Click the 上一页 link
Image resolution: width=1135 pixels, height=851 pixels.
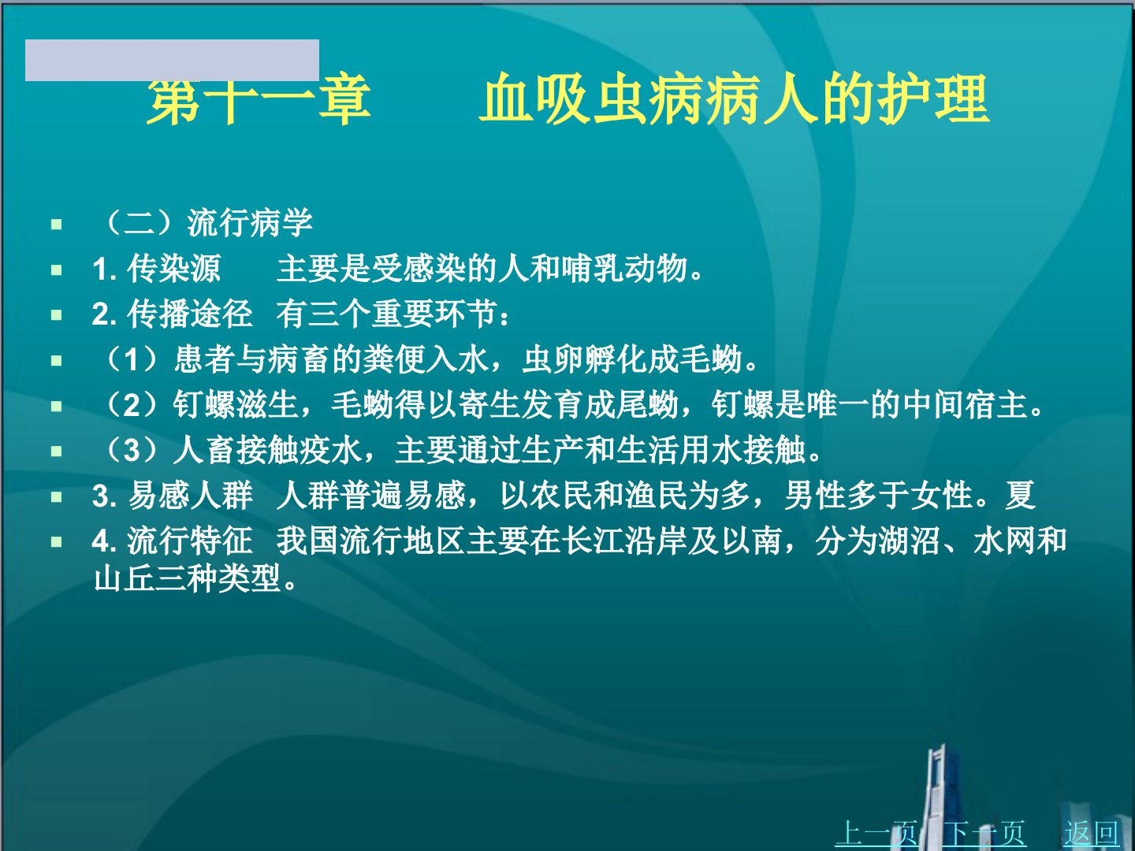tap(876, 833)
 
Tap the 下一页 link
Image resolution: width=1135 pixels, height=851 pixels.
tap(984, 833)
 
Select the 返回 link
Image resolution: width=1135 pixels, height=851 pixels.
tap(1091, 833)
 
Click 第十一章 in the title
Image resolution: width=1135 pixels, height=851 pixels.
tap(259, 98)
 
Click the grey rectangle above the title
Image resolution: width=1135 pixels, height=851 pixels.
tap(172, 60)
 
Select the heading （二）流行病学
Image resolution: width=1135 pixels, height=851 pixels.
tap(207, 223)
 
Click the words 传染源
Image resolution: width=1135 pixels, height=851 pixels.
tap(173, 269)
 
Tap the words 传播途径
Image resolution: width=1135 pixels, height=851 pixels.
tap(190, 314)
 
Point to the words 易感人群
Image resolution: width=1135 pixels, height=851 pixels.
tap(190, 496)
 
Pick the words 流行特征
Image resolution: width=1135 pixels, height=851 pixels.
tap(190, 541)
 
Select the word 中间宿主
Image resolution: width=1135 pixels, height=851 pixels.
tap(965, 404)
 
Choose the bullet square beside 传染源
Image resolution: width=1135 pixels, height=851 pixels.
tap(57, 269)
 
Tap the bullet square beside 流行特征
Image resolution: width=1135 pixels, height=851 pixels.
tap(57, 542)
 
